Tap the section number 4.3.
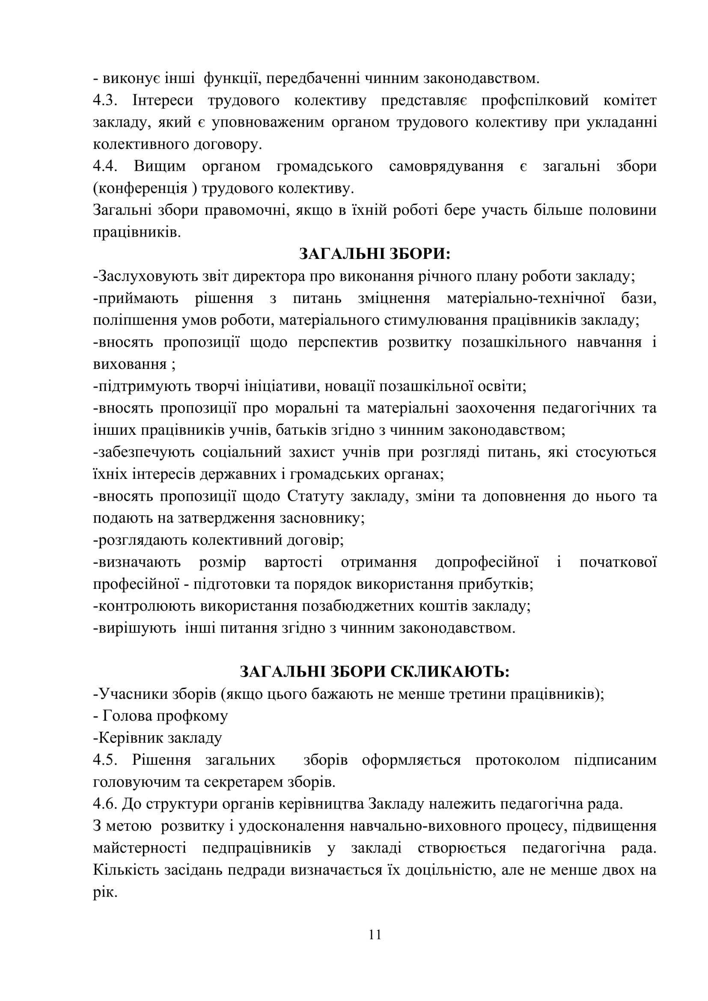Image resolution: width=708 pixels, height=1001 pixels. tap(105, 100)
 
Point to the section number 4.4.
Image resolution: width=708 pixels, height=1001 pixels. tap(105, 166)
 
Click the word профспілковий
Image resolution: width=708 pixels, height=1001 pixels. tap(535, 100)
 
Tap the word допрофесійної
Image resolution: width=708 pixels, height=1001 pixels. tap(487, 562)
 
